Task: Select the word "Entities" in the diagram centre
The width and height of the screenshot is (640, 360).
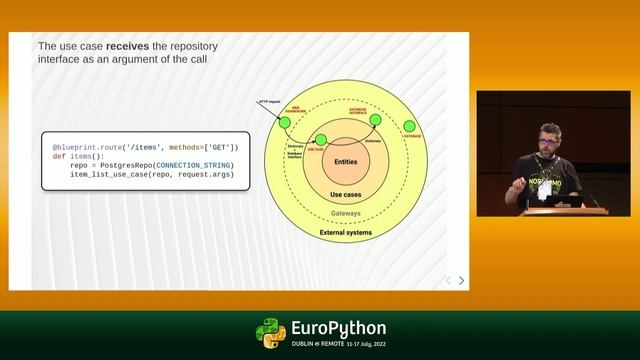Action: [344, 161]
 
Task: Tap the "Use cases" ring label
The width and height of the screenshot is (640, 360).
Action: [344, 194]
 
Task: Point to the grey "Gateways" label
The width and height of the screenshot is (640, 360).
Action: [345, 213]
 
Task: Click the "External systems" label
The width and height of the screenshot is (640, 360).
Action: [345, 233]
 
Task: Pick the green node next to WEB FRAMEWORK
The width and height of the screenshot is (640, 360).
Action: [285, 122]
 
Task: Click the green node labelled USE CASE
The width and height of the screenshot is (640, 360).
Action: [320, 139]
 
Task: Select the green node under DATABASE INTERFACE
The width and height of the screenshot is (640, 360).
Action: [375, 120]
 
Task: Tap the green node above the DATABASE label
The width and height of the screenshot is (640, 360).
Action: [409, 127]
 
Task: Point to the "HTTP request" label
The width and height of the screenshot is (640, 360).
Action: [268, 101]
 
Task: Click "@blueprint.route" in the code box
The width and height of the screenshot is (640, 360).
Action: [87, 147]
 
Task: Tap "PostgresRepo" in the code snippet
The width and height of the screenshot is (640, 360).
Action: [124, 165]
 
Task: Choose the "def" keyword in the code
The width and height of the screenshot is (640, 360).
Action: [59, 156]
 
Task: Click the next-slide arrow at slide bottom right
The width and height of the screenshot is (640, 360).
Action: [461, 280]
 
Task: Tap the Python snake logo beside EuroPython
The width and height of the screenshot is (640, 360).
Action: [270, 333]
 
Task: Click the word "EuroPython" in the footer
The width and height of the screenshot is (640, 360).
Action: [337, 329]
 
